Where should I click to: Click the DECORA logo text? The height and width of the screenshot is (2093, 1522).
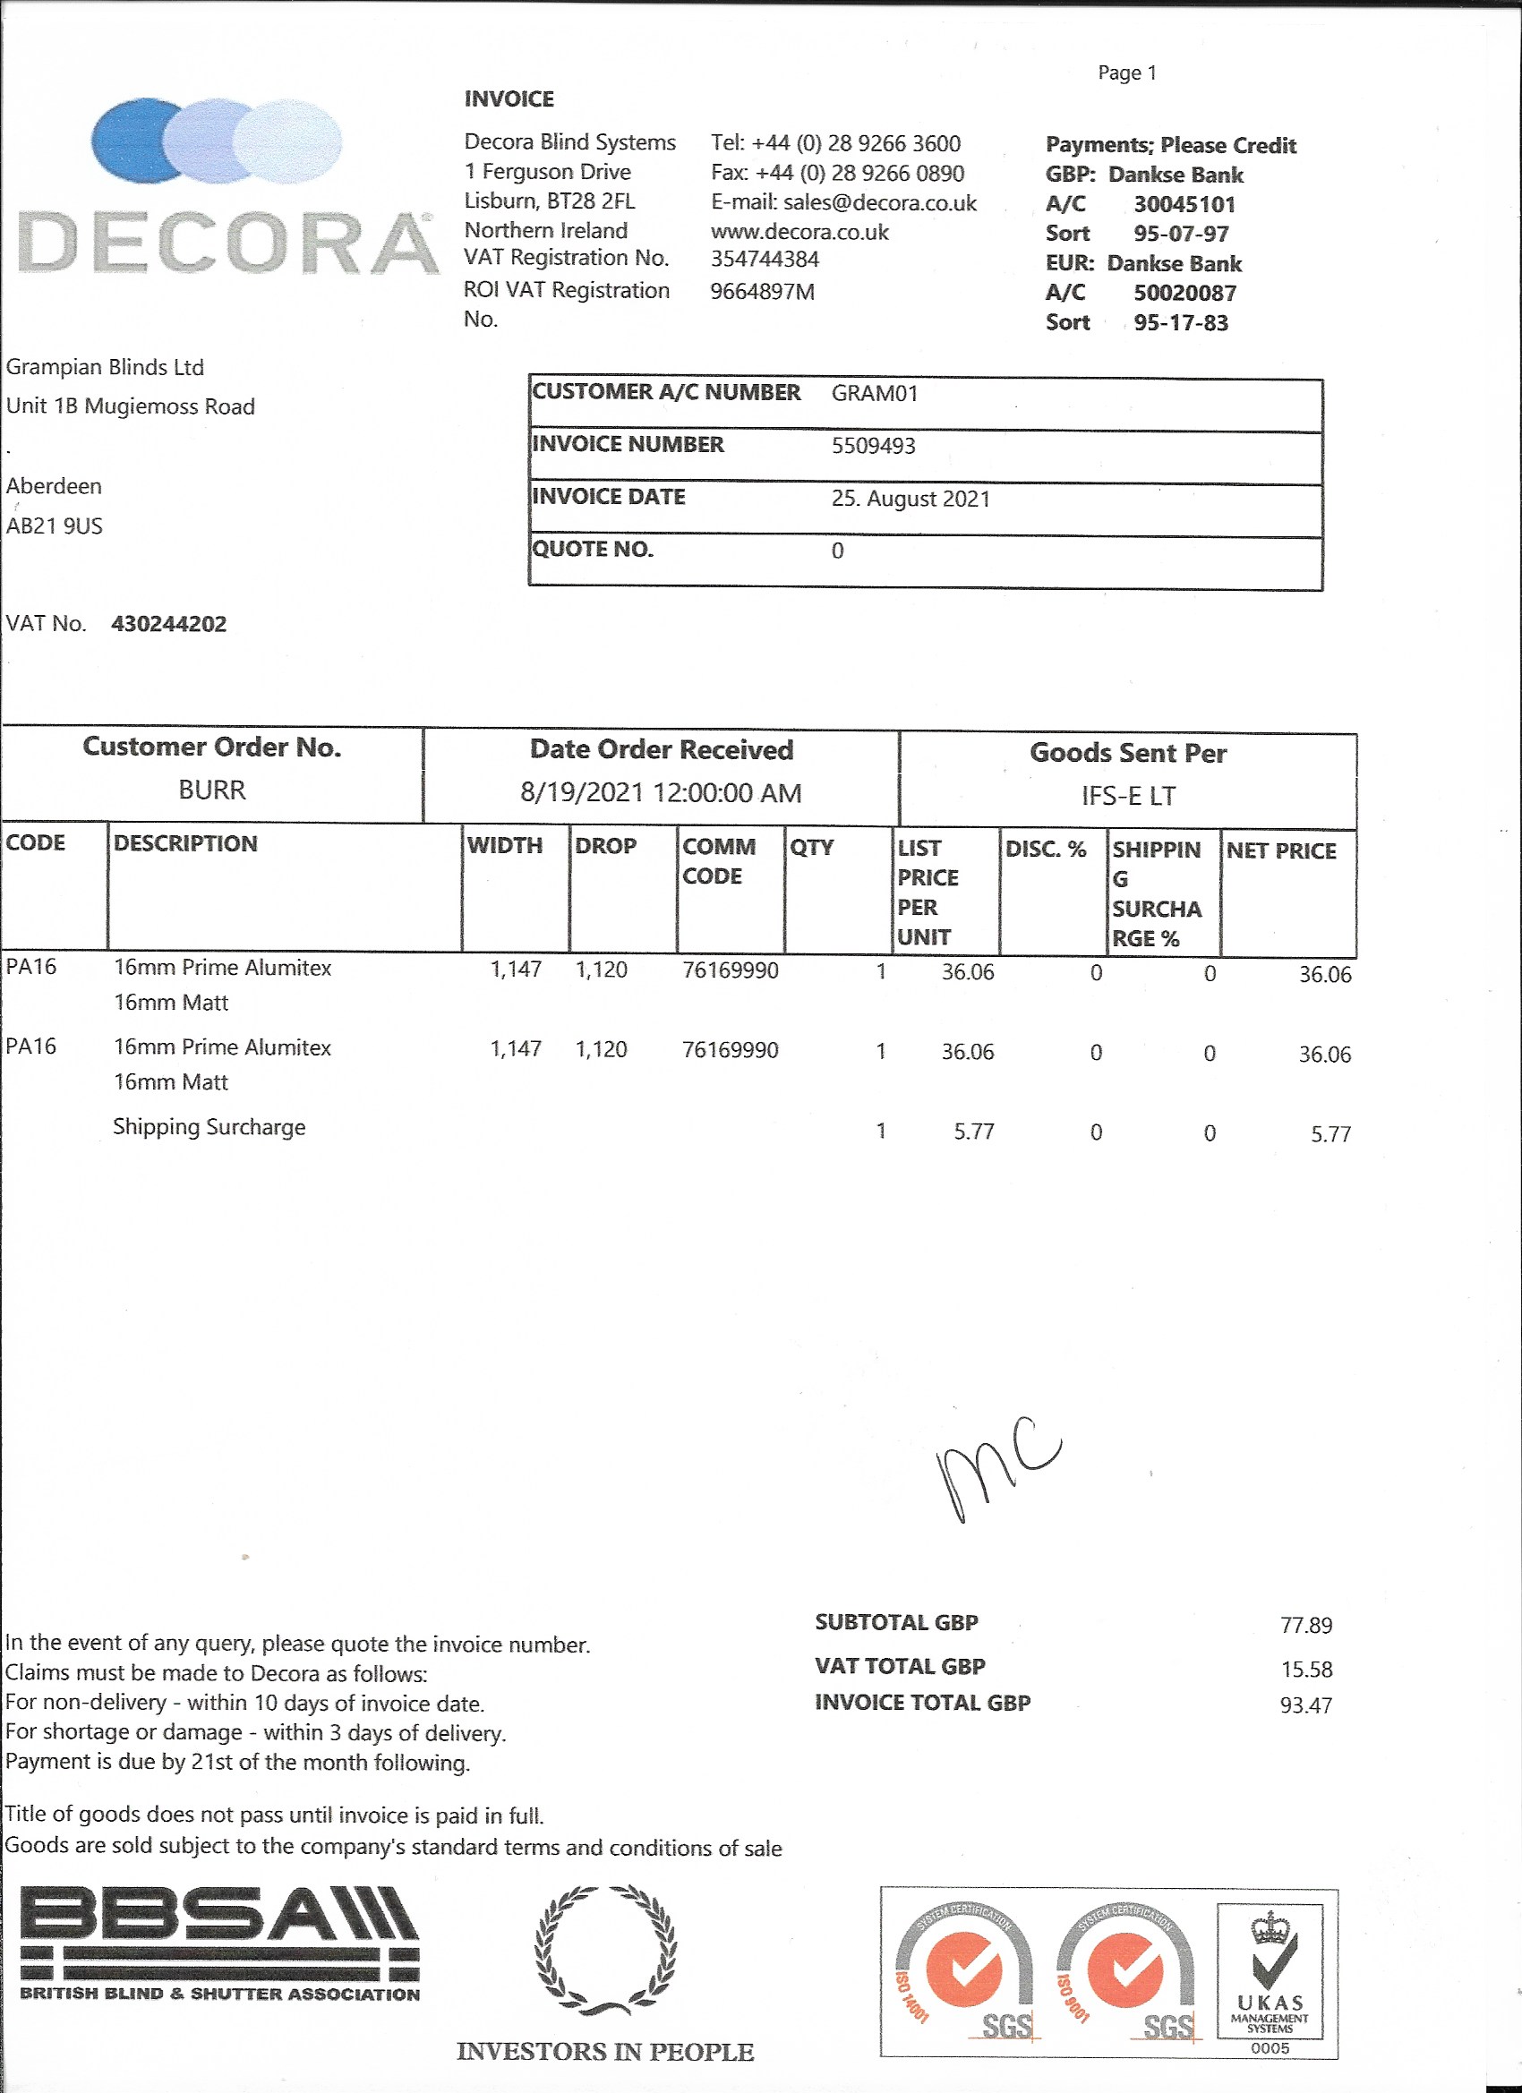[228, 243]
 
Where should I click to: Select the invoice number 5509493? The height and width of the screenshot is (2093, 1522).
[873, 446]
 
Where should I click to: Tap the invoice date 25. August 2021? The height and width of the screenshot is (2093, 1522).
[910, 500]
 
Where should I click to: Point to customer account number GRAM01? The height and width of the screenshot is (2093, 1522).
[874, 394]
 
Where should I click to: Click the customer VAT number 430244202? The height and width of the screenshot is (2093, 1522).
[169, 625]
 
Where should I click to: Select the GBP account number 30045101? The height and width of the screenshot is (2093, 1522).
[1184, 205]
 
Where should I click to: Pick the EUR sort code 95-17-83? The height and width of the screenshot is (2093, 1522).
[1181, 323]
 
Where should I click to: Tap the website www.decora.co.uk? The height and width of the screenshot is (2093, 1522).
[799, 233]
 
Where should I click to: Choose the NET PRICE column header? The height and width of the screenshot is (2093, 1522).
[1280, 850]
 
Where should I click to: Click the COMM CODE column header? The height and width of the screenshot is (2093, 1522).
[718, 861]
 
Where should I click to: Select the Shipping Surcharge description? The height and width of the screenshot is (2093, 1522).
[209, 1127]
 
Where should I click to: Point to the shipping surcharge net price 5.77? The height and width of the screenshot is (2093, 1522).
[1330, 1134]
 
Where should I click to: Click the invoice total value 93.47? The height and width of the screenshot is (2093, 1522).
[1305, 1705]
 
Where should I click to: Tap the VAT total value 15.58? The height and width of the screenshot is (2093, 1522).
[1305, 1669]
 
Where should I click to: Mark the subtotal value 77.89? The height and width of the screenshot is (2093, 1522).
[1305, 1625]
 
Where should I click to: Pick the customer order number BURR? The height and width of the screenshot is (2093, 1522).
[212, 790]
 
